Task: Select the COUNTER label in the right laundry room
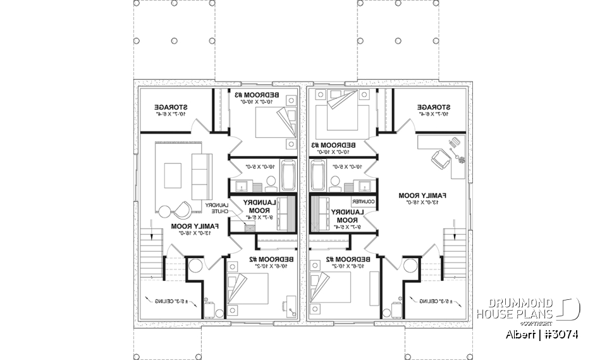point(367,201)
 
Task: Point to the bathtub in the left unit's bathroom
point(288,175)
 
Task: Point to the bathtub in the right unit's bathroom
point(317,175)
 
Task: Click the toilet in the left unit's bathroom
point(270,183)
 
